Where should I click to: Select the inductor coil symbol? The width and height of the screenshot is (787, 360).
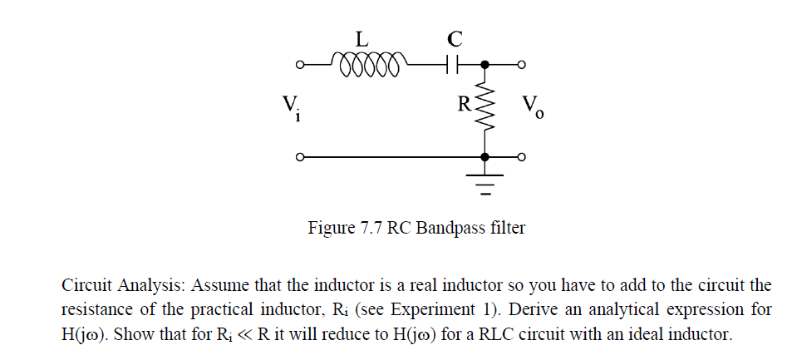(366, 63)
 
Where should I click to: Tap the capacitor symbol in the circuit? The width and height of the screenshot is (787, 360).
(451, 63)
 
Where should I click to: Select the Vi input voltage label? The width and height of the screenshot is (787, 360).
(290, 106)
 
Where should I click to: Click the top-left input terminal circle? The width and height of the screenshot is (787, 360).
(301, 64)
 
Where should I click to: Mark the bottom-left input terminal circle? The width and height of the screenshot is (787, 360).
(301, 156)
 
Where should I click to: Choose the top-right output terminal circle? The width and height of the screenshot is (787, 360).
(520, 64)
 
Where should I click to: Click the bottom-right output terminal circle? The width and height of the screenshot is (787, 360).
(520, 156)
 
